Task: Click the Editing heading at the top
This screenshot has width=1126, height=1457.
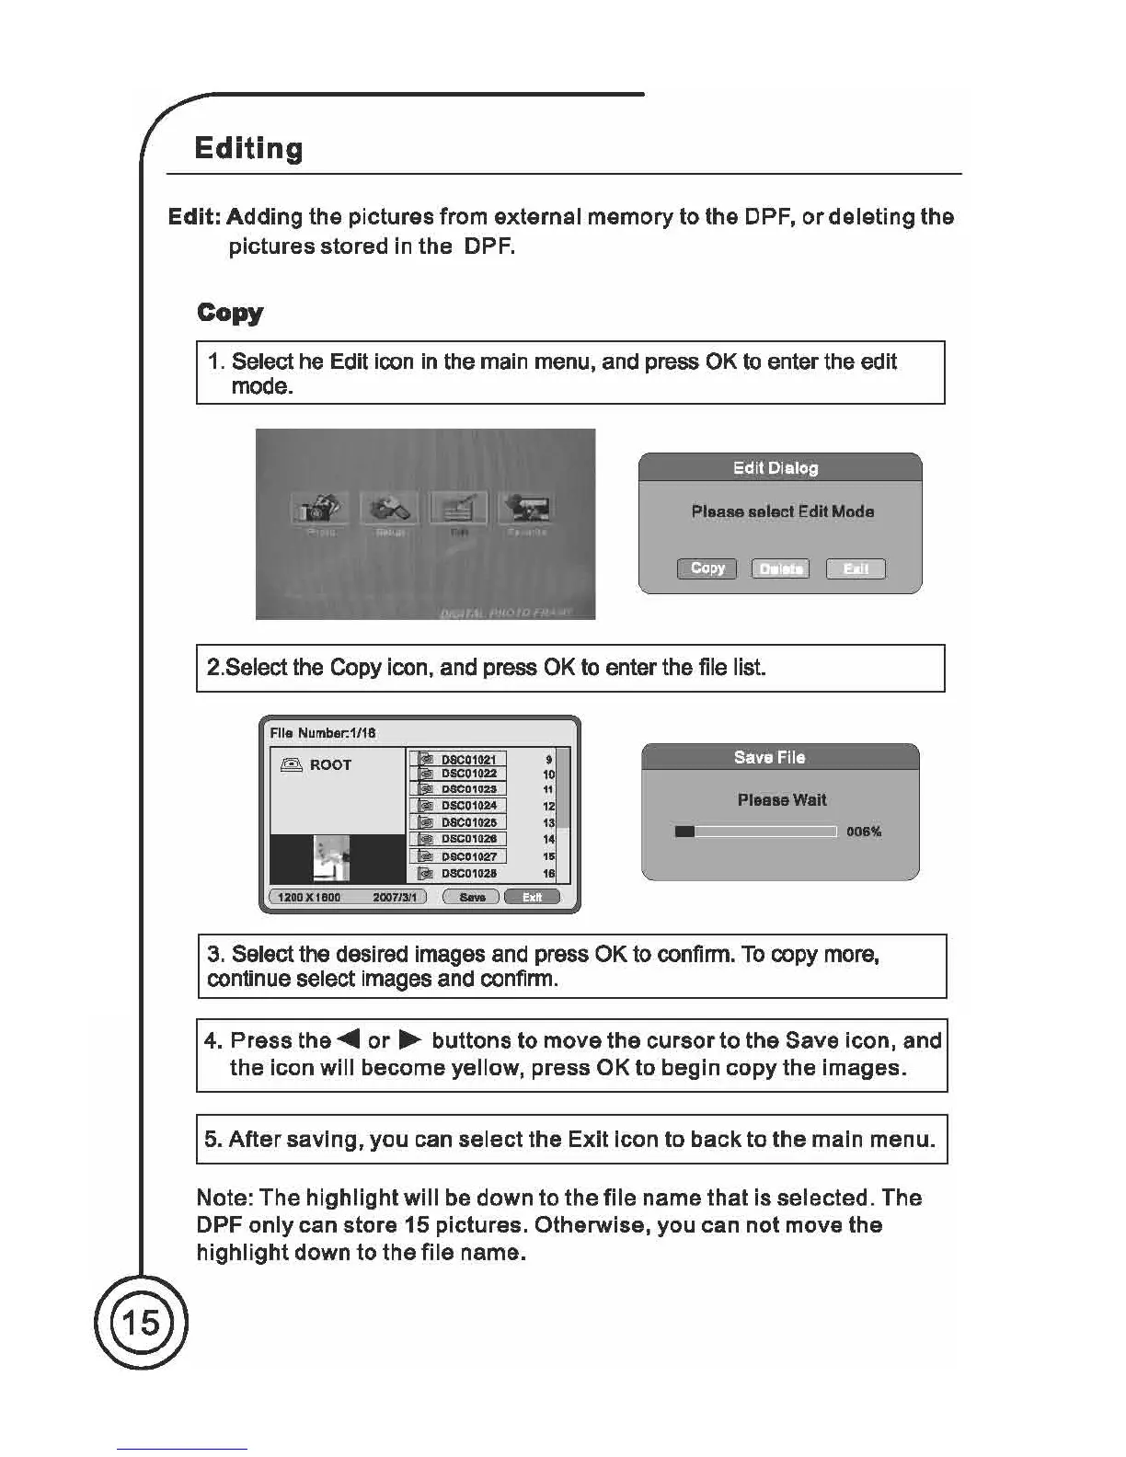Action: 248,149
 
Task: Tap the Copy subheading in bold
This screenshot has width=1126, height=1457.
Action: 230,313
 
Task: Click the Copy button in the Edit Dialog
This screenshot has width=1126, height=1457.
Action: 707,568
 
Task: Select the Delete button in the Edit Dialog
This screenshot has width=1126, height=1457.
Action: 780,568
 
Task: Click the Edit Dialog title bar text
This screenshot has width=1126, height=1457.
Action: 776,468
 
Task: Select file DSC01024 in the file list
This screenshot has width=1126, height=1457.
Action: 468,806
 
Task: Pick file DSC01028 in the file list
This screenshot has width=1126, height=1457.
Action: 468,873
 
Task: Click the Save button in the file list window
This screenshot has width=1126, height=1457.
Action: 471,897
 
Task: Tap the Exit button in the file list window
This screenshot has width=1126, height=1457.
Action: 532,897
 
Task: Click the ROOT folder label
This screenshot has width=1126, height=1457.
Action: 330,764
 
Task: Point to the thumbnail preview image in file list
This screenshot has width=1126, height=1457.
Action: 331,858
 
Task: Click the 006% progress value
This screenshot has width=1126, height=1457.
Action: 864,832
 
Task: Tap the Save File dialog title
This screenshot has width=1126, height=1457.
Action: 769,757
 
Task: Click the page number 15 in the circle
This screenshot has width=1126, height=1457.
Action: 141,1323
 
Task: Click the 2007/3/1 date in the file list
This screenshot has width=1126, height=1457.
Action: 394,897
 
